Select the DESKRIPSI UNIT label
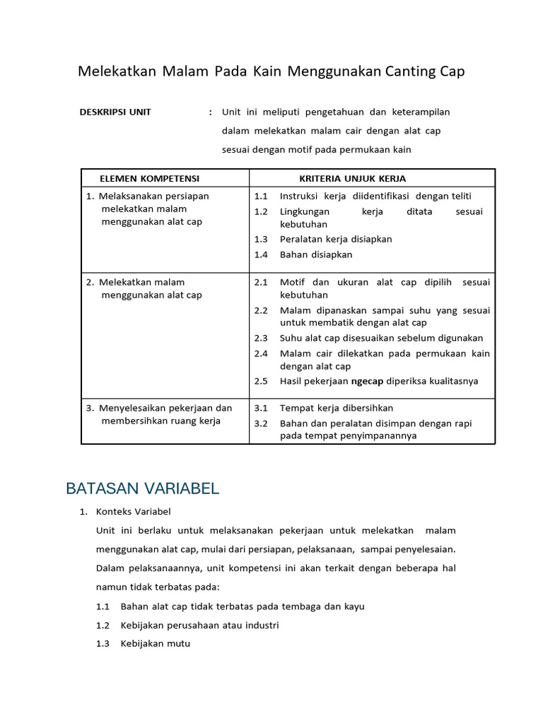point(115,112)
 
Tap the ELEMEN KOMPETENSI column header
point(149,178)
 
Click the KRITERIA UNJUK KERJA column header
point(352,178)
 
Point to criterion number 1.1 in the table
point(262,196)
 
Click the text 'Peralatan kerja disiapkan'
point(336,239)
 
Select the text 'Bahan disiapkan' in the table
point(315,255)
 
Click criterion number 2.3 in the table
point(262,338)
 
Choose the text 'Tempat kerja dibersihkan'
point(337,408)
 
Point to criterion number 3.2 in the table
point(262,424)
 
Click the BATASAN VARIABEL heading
point(142,489)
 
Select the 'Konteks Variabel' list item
point(134,512)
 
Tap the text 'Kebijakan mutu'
point(156,643)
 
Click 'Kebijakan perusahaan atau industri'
point(200,625)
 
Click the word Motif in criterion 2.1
point(292,282)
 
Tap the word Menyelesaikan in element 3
point(131,408)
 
